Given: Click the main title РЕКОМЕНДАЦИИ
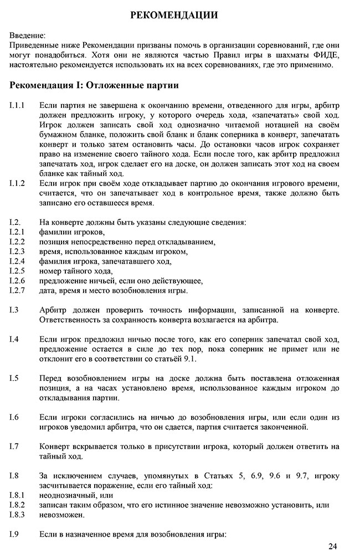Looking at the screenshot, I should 174,15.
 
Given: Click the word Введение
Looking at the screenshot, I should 28,35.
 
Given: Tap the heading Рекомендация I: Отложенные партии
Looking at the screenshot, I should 94,86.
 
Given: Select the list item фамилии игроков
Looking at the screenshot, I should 72,232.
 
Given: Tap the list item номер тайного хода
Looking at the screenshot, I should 76,271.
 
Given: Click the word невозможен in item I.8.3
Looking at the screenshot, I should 62,514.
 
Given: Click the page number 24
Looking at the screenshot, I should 332,545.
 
